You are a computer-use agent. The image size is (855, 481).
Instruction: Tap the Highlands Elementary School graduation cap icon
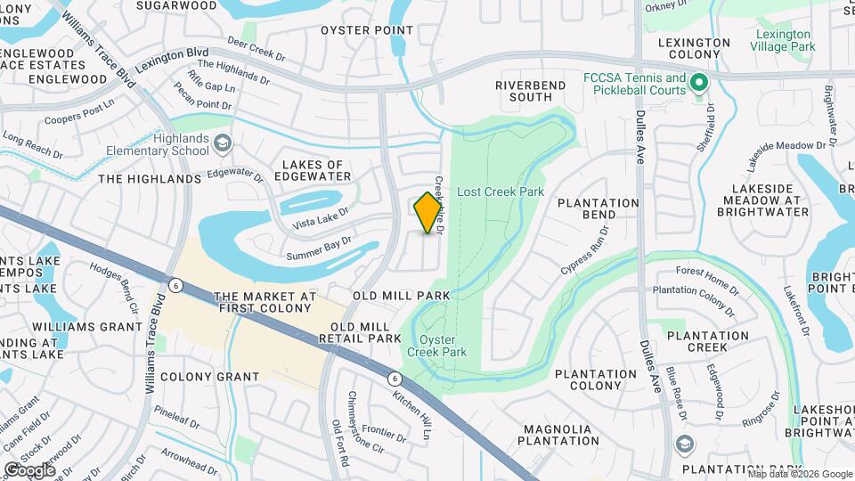[222, 143]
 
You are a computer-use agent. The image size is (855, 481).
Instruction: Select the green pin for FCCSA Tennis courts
[699, 85]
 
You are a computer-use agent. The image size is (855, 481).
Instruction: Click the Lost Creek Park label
[487, 192]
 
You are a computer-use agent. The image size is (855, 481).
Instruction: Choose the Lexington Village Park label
[784, 40]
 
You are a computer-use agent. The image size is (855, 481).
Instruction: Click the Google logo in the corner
[29, 469]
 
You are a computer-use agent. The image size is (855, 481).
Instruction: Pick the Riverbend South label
[536, 90]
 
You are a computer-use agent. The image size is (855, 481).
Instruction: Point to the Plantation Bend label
[598, 208]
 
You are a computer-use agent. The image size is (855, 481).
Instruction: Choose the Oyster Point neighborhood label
[367, 29]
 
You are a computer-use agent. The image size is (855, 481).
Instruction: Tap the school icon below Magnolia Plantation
[684, 444]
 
